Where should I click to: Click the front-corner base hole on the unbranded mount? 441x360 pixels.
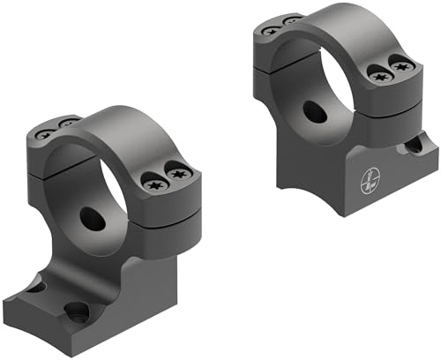click(78, 311)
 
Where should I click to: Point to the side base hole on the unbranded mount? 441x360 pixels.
click(33, 286)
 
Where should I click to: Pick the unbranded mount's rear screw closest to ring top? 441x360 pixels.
click(65, 123)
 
